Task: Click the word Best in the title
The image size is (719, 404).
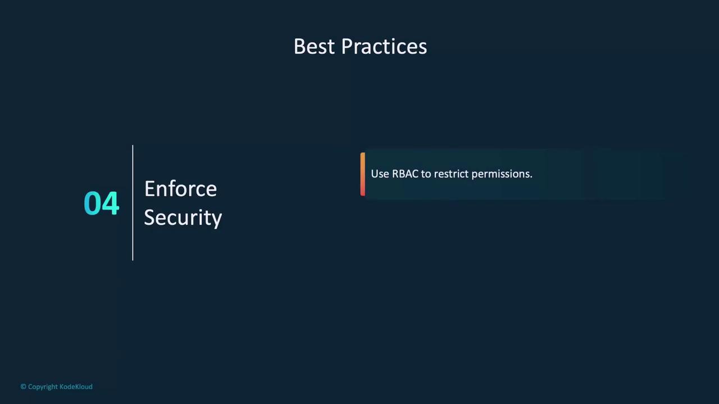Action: [x=315, y=47]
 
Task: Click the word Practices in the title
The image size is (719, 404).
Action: [x=384, y=47]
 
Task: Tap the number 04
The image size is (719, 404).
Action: [x=102, y=203]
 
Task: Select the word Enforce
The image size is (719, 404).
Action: [x=181, y=189]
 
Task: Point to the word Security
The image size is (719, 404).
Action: [x=183, y=218]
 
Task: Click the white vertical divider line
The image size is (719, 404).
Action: [x=133, y=203]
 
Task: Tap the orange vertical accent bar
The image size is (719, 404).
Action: [x=363, y=174]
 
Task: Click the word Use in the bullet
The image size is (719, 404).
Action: [x=380, y=174]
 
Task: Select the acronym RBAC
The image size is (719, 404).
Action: [x=405, y=174]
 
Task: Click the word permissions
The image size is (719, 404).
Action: [x=502, y=174]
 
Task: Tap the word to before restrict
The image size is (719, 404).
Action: [x=426, y=174]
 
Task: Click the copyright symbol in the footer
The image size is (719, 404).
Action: [x=23, y=387]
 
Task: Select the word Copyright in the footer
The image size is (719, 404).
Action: [x=43, y=387]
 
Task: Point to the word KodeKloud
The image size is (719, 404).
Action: [x=76, y=387]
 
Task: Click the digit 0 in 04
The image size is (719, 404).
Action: [x=92, y=203]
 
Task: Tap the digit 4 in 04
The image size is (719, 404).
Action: [x=111, y=203]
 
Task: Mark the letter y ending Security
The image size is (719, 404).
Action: [x=217, y=219]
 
